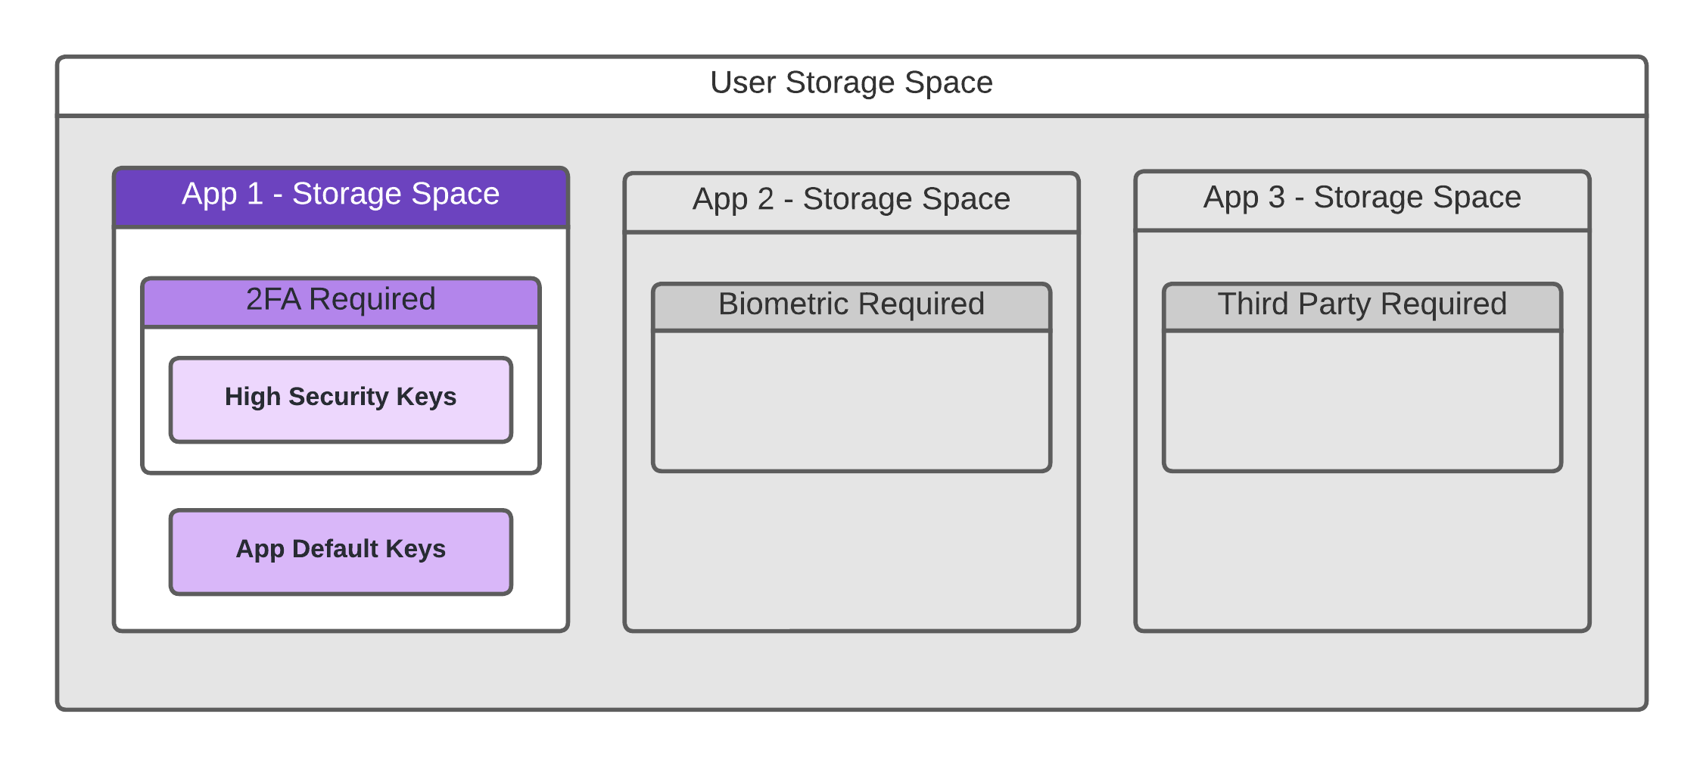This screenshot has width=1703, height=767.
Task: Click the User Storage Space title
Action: tap(852, 83)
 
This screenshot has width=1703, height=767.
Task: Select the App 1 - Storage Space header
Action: tap(341, 198)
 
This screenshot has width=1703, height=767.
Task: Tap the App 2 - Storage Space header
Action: tap(852, 202)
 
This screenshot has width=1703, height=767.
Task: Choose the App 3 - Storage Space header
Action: tap(1362, 201)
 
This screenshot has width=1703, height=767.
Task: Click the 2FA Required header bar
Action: tap(341, 302)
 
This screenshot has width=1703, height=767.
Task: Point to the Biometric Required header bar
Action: tap(852, 307)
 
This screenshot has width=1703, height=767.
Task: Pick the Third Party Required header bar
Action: tap(1362, 307)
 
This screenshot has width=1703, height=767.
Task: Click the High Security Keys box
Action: tap(341, 400)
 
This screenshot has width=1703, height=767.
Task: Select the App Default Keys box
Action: tap(341, 552)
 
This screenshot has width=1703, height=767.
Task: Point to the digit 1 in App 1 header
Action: tap(254, 194)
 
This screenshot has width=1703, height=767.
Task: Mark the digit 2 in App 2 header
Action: tap(765, 199)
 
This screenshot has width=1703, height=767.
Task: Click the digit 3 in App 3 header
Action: tap(1276, 197)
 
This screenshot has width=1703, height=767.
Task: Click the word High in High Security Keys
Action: tap(253, 397)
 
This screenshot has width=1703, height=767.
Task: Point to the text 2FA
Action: tap(273, 299)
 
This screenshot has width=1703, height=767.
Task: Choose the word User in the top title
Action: tap(743, 83)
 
